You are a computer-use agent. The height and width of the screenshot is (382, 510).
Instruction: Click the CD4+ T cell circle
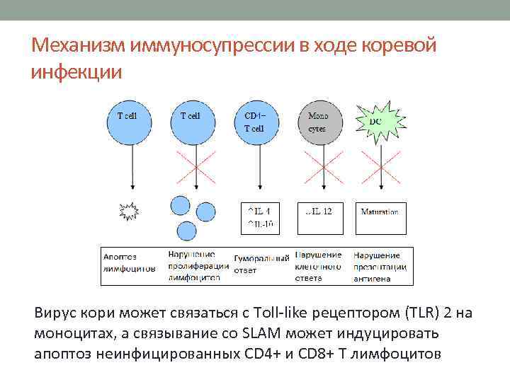(x=257, y=122)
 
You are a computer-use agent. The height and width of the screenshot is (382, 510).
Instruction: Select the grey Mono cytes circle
(x=322, y=122)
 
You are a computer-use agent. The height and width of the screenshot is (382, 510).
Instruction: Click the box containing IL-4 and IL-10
(x=259, y=218)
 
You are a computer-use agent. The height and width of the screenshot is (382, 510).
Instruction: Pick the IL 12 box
(x=319, y=218)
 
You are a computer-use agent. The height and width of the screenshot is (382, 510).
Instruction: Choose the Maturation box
(x=380, y=218)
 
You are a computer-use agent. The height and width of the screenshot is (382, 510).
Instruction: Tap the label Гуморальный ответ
(x=261, y=264)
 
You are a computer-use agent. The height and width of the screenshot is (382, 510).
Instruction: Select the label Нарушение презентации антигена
(x=380, y=266)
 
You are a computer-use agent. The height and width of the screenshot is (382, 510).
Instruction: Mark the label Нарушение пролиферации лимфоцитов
(x=198, y=266)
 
